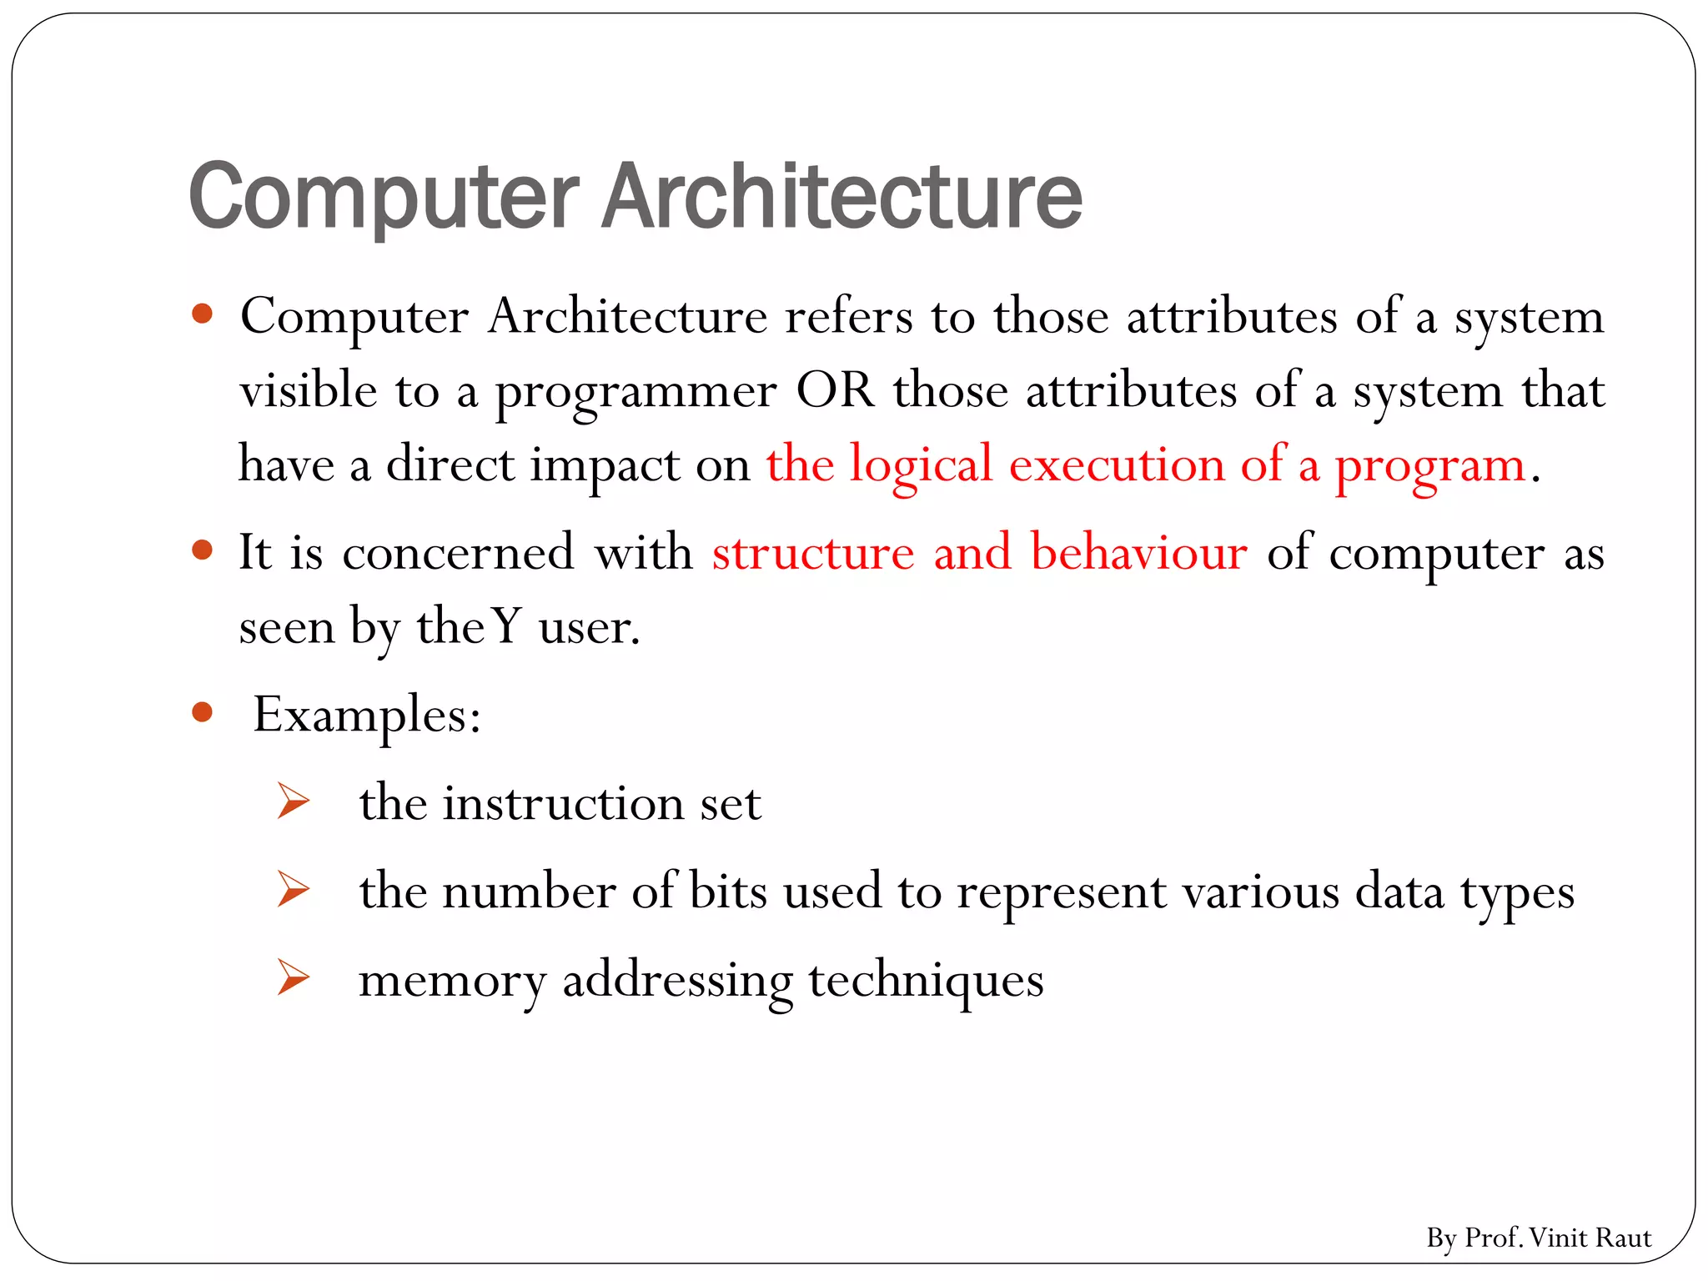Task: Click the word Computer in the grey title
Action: click(384, 196)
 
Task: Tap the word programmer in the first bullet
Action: click(635, 392)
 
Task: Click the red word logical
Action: click(921, 465)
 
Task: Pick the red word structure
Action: click(813, 552)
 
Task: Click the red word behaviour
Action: click(1139, 551)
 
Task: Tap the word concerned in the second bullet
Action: click(458, 552)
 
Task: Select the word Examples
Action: click(366, 715)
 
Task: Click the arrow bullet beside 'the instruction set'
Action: click(294, 801)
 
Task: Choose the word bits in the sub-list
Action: click(728, 891)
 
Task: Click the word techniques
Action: click(926, 980)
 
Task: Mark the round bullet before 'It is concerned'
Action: click(202, 550)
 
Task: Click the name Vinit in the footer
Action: click(1557, 1238)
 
